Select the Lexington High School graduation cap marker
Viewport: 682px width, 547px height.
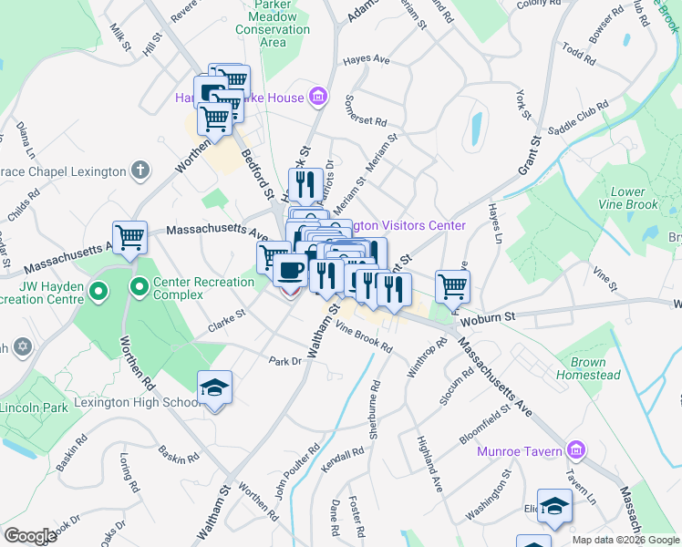pos(215,387)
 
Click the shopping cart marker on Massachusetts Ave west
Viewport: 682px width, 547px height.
pos(130,237)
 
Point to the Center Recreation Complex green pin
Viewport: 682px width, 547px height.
pos(139,289)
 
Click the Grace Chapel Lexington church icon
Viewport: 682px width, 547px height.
pos(139,170)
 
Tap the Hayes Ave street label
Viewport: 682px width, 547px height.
pos(366,60)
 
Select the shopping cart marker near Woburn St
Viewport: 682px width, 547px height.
pos(451,285)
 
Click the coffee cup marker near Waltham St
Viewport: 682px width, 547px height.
pos(291,271)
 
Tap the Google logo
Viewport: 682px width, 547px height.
pos(31,536)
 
